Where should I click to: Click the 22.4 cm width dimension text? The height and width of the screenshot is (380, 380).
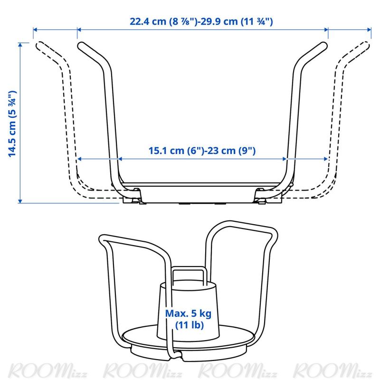coord(162,21)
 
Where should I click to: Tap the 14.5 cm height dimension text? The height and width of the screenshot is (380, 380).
coord(12,123)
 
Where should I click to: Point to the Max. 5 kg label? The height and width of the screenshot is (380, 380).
coord(188,313)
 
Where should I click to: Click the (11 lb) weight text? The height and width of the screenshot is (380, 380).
coord(189,325)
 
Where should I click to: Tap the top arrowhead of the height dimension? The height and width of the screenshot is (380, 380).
coord(20,45)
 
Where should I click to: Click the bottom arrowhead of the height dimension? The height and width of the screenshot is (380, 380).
coord(20,201)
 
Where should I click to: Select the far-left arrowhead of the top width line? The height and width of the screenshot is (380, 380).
coord(35,30)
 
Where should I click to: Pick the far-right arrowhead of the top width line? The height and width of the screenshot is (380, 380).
coord(369,30)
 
